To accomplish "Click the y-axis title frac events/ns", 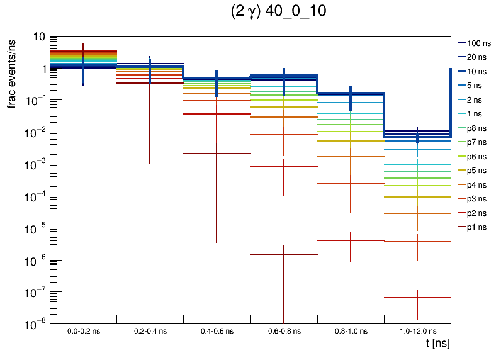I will tap(12, 73).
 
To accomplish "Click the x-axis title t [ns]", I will tap(437, 344).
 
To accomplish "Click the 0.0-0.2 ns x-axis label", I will tap(84, 330).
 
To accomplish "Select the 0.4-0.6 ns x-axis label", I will tap(217, 330).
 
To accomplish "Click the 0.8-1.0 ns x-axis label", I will tap(351, 330).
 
